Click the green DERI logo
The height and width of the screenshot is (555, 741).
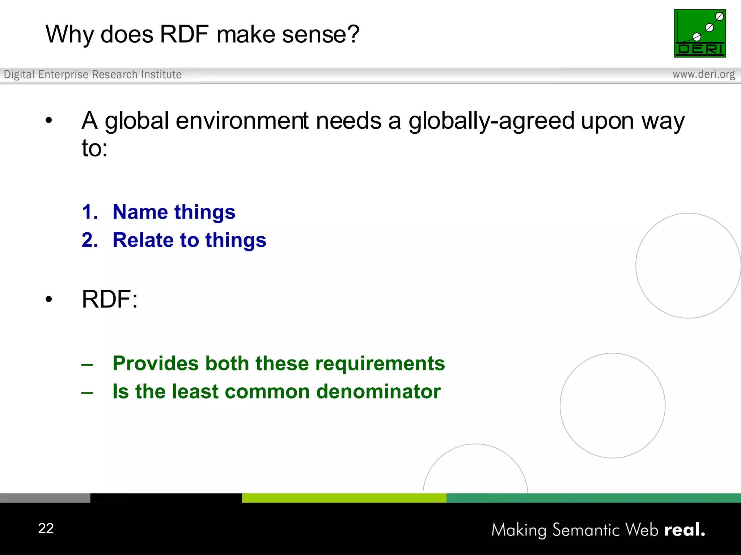700,33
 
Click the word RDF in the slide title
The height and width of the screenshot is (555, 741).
184,34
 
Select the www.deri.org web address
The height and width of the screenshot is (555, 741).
704,74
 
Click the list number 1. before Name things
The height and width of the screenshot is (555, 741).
90,212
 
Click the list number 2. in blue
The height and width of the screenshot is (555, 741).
90,240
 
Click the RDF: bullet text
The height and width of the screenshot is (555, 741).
110,299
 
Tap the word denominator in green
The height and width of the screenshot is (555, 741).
378,392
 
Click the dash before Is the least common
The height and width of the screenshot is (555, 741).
87,392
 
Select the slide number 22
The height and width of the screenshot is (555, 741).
46,528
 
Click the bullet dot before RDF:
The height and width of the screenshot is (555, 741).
49,299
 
